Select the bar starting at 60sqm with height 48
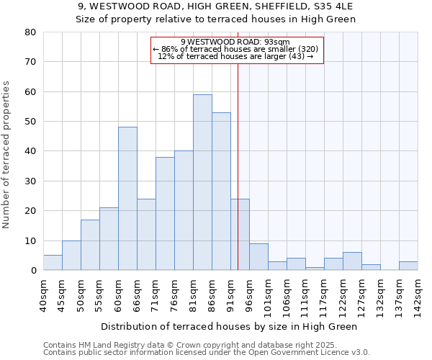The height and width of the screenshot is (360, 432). pyautogui.click(x=127, y=199)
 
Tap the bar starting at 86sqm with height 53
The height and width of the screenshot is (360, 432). pyautogui.click(x=221, y=192)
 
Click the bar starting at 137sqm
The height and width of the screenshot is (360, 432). pyautogui.click(x=408, y=266)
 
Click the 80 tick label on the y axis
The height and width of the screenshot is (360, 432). pyautogui.click(x=30, y=32)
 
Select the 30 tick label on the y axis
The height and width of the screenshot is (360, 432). pyautogui.click(x=30, y=181)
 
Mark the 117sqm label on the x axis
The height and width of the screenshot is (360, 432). pyautogui.click(x=323, y=294)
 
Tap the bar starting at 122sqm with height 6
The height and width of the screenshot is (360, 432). pyautogui.click(x=352, y=261)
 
